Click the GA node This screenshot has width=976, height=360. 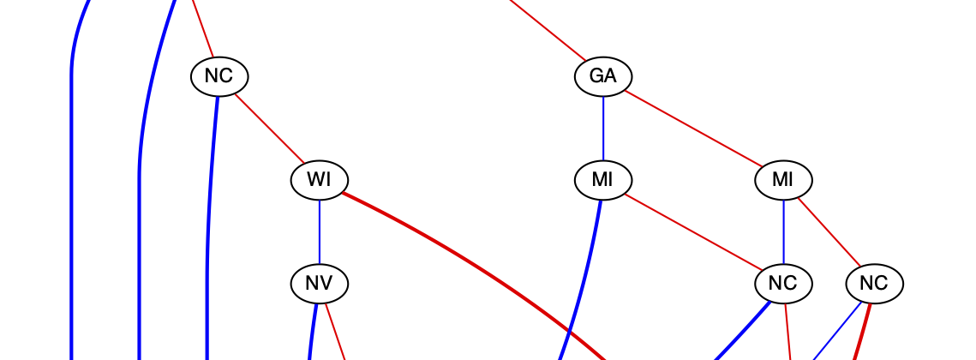click(x=602, y=76)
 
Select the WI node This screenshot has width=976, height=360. click(x=319, y=180)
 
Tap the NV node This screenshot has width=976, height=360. click(x=319, y=283)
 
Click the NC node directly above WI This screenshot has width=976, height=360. click(x=219, y=76)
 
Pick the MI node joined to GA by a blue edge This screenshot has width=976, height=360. click(x=602, y=180)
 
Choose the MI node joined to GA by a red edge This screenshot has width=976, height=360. click(x=783, y=180)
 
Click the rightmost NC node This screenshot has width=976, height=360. click(x=874, y=283)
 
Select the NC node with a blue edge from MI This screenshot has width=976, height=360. click(x=783, y=283)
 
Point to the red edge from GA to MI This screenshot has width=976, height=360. click(x=694, y=129)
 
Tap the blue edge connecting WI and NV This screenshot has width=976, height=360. click(x=319, y=231)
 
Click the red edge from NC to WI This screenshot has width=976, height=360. click(x=268, y=128)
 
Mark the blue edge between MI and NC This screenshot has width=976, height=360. click(x=783, y=231)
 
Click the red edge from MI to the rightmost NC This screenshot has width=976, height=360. click(x=829, y=231)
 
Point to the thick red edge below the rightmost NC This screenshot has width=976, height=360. click(x=862, y=330)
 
